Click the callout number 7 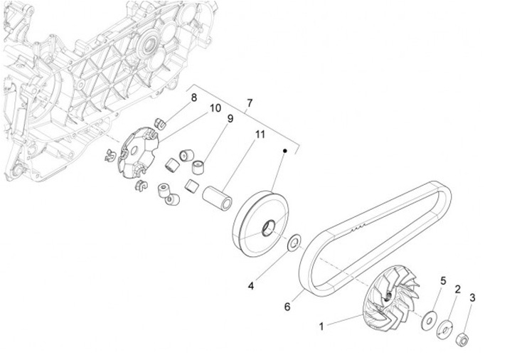tap(249, 104)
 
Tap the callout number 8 tap(193, 97)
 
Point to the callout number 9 tap(230, 120)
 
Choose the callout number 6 tap(287, 307)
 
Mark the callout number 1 tap(321, 327)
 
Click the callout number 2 tap(458, 290)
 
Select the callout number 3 tap(474, 297)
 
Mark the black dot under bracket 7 tap(284, 151)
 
